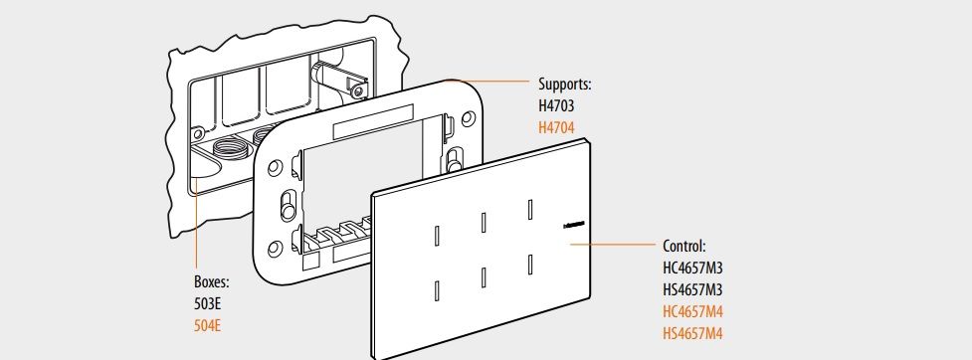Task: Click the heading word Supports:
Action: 565,84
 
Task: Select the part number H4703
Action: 556,106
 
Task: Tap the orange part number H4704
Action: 556,128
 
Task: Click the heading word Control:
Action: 684,246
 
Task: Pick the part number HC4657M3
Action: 692,269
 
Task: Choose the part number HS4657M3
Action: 692,290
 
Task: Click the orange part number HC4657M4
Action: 692,311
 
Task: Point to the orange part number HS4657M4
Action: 692,334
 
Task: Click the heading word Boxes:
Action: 212,282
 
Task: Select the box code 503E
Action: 208,304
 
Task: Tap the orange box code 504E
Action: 208,326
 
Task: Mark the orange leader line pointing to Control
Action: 613,244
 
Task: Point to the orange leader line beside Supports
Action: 486,81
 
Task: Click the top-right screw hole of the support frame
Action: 469,117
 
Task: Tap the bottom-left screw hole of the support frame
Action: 276,249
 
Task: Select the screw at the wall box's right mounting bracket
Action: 356,91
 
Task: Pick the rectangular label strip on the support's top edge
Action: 373,121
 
